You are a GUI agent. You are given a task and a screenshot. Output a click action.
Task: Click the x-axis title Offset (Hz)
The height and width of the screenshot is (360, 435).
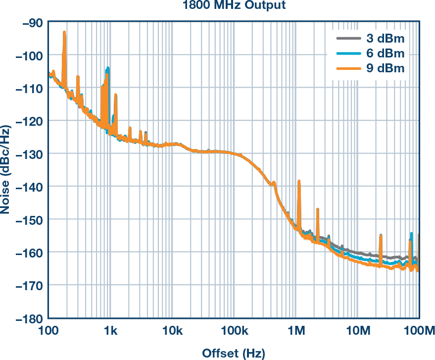pyautogui.click(x=234, y=353)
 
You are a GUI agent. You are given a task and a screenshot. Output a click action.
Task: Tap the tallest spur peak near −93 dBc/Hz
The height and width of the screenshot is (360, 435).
pyautogui.click(x=64, y=33)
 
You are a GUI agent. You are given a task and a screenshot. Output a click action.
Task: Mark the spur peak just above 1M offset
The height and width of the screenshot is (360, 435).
pyautogui.click(x=299, y=182)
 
